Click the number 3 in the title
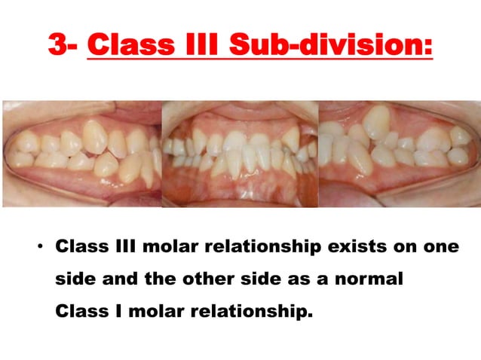coord(59,44)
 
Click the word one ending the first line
coord(440,247)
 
